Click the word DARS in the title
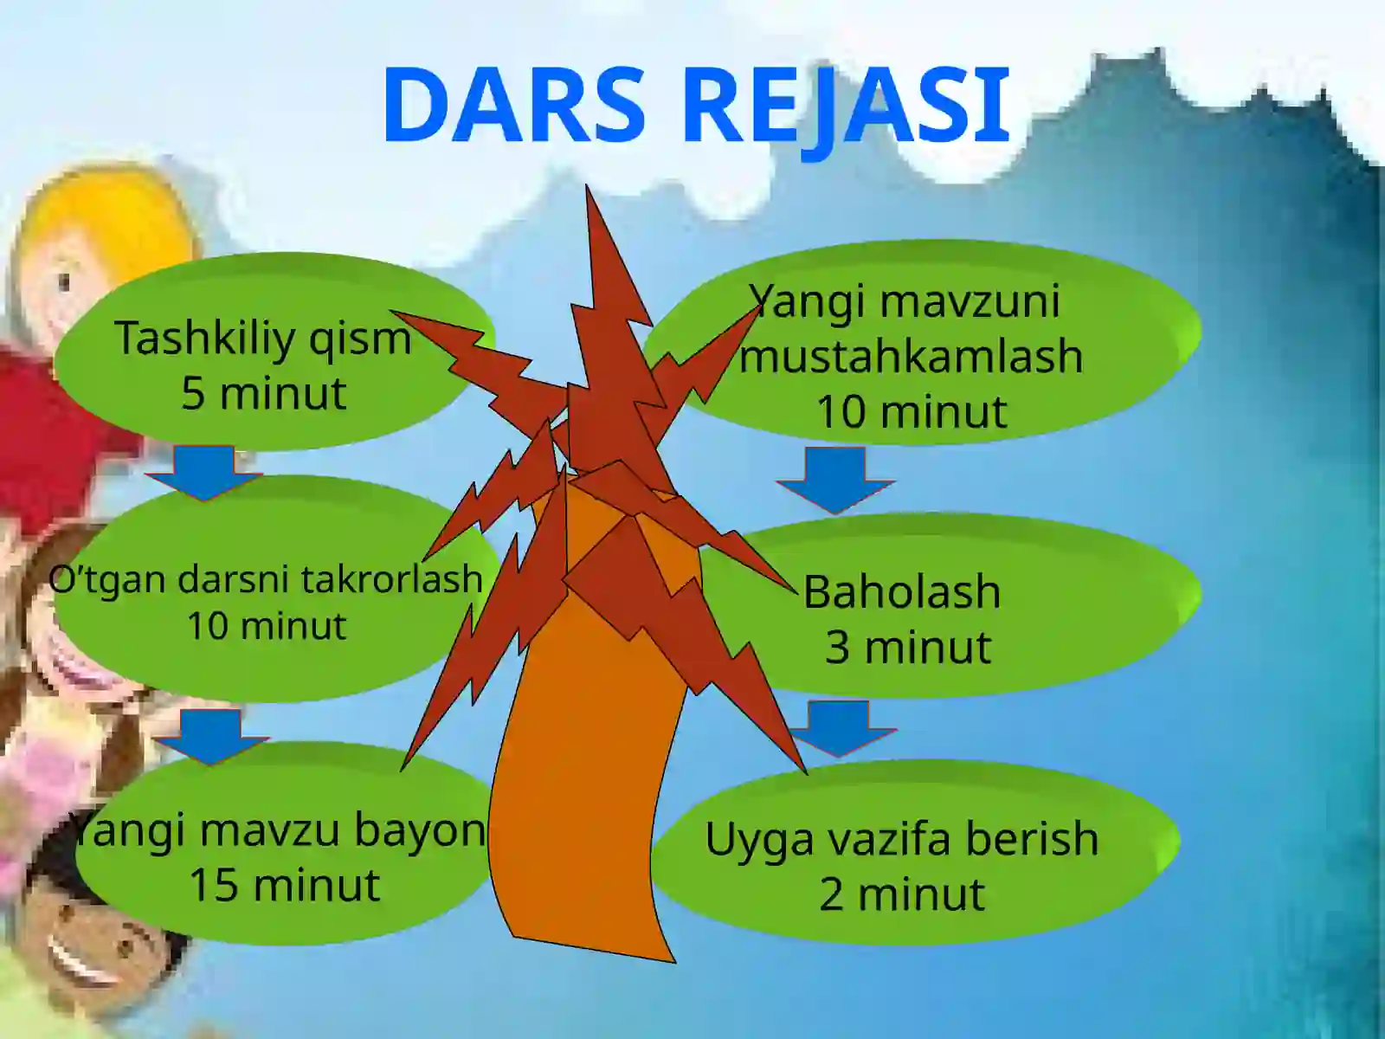coord(514,105)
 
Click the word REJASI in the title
coord(847,105)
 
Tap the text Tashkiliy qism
coord(262,338)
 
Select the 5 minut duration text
coord(264,394)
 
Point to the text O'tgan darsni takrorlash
coord(265,578)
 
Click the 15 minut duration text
coord(284,885)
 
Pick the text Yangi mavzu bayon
coord(279,830)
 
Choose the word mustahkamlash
coord(911,356)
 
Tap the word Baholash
coord(902,592)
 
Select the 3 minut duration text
coord(907,648)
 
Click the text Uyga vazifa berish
coord(902,839)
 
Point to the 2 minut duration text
coord(902,894)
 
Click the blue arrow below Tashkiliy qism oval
coord(204,473)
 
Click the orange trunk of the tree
coord(589,779)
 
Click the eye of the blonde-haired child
coord(64,281)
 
